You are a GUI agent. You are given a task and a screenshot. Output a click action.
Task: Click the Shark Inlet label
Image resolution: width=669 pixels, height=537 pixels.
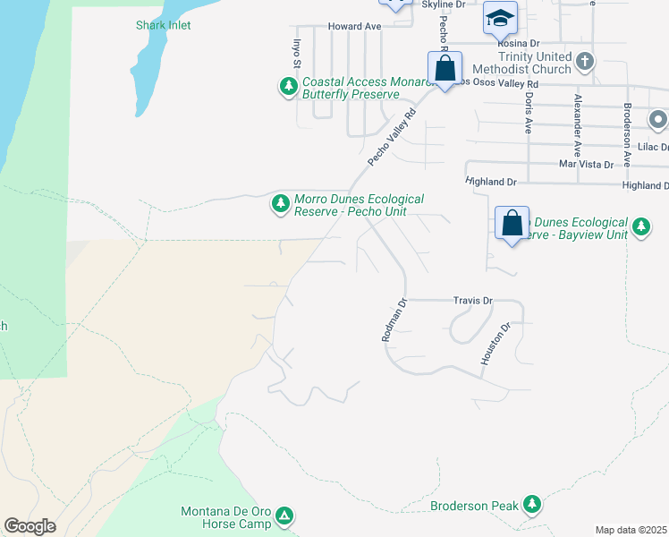164,25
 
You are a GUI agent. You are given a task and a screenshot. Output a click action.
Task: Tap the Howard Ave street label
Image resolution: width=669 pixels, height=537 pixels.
355,27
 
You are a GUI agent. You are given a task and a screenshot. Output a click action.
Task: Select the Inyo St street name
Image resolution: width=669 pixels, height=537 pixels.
295,52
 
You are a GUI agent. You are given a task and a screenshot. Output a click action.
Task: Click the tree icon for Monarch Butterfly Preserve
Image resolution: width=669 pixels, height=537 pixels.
288,87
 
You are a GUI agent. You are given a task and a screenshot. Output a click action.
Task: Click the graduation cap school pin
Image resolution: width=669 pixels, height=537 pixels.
500,17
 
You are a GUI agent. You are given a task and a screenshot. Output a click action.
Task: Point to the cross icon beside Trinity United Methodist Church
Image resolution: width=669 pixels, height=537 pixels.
585,62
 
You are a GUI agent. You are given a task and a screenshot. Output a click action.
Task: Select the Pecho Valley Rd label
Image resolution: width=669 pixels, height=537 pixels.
394,138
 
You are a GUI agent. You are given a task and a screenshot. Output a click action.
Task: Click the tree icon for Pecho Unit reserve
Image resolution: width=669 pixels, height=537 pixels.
281,205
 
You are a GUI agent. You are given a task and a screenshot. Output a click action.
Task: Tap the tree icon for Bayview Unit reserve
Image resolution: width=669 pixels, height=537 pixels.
640,227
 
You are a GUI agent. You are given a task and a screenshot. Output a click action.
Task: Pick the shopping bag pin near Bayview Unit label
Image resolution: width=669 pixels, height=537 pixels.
512,224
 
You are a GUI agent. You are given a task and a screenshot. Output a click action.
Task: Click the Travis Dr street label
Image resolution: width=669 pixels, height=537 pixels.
473,302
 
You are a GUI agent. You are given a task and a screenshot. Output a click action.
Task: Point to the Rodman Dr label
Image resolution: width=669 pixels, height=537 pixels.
394,320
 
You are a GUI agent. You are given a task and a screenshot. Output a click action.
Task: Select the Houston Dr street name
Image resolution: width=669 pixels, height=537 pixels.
495,344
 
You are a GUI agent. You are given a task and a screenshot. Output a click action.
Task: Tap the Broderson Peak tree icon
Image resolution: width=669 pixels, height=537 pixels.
533,506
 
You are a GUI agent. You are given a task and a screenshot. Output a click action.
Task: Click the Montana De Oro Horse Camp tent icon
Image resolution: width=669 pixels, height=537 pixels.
284,516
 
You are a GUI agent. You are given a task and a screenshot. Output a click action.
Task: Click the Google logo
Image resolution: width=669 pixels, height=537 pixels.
30,526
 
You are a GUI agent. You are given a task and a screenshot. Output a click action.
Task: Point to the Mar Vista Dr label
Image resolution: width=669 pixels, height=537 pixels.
586,165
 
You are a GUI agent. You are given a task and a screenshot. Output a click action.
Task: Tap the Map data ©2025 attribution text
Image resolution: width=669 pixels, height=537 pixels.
631,530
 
